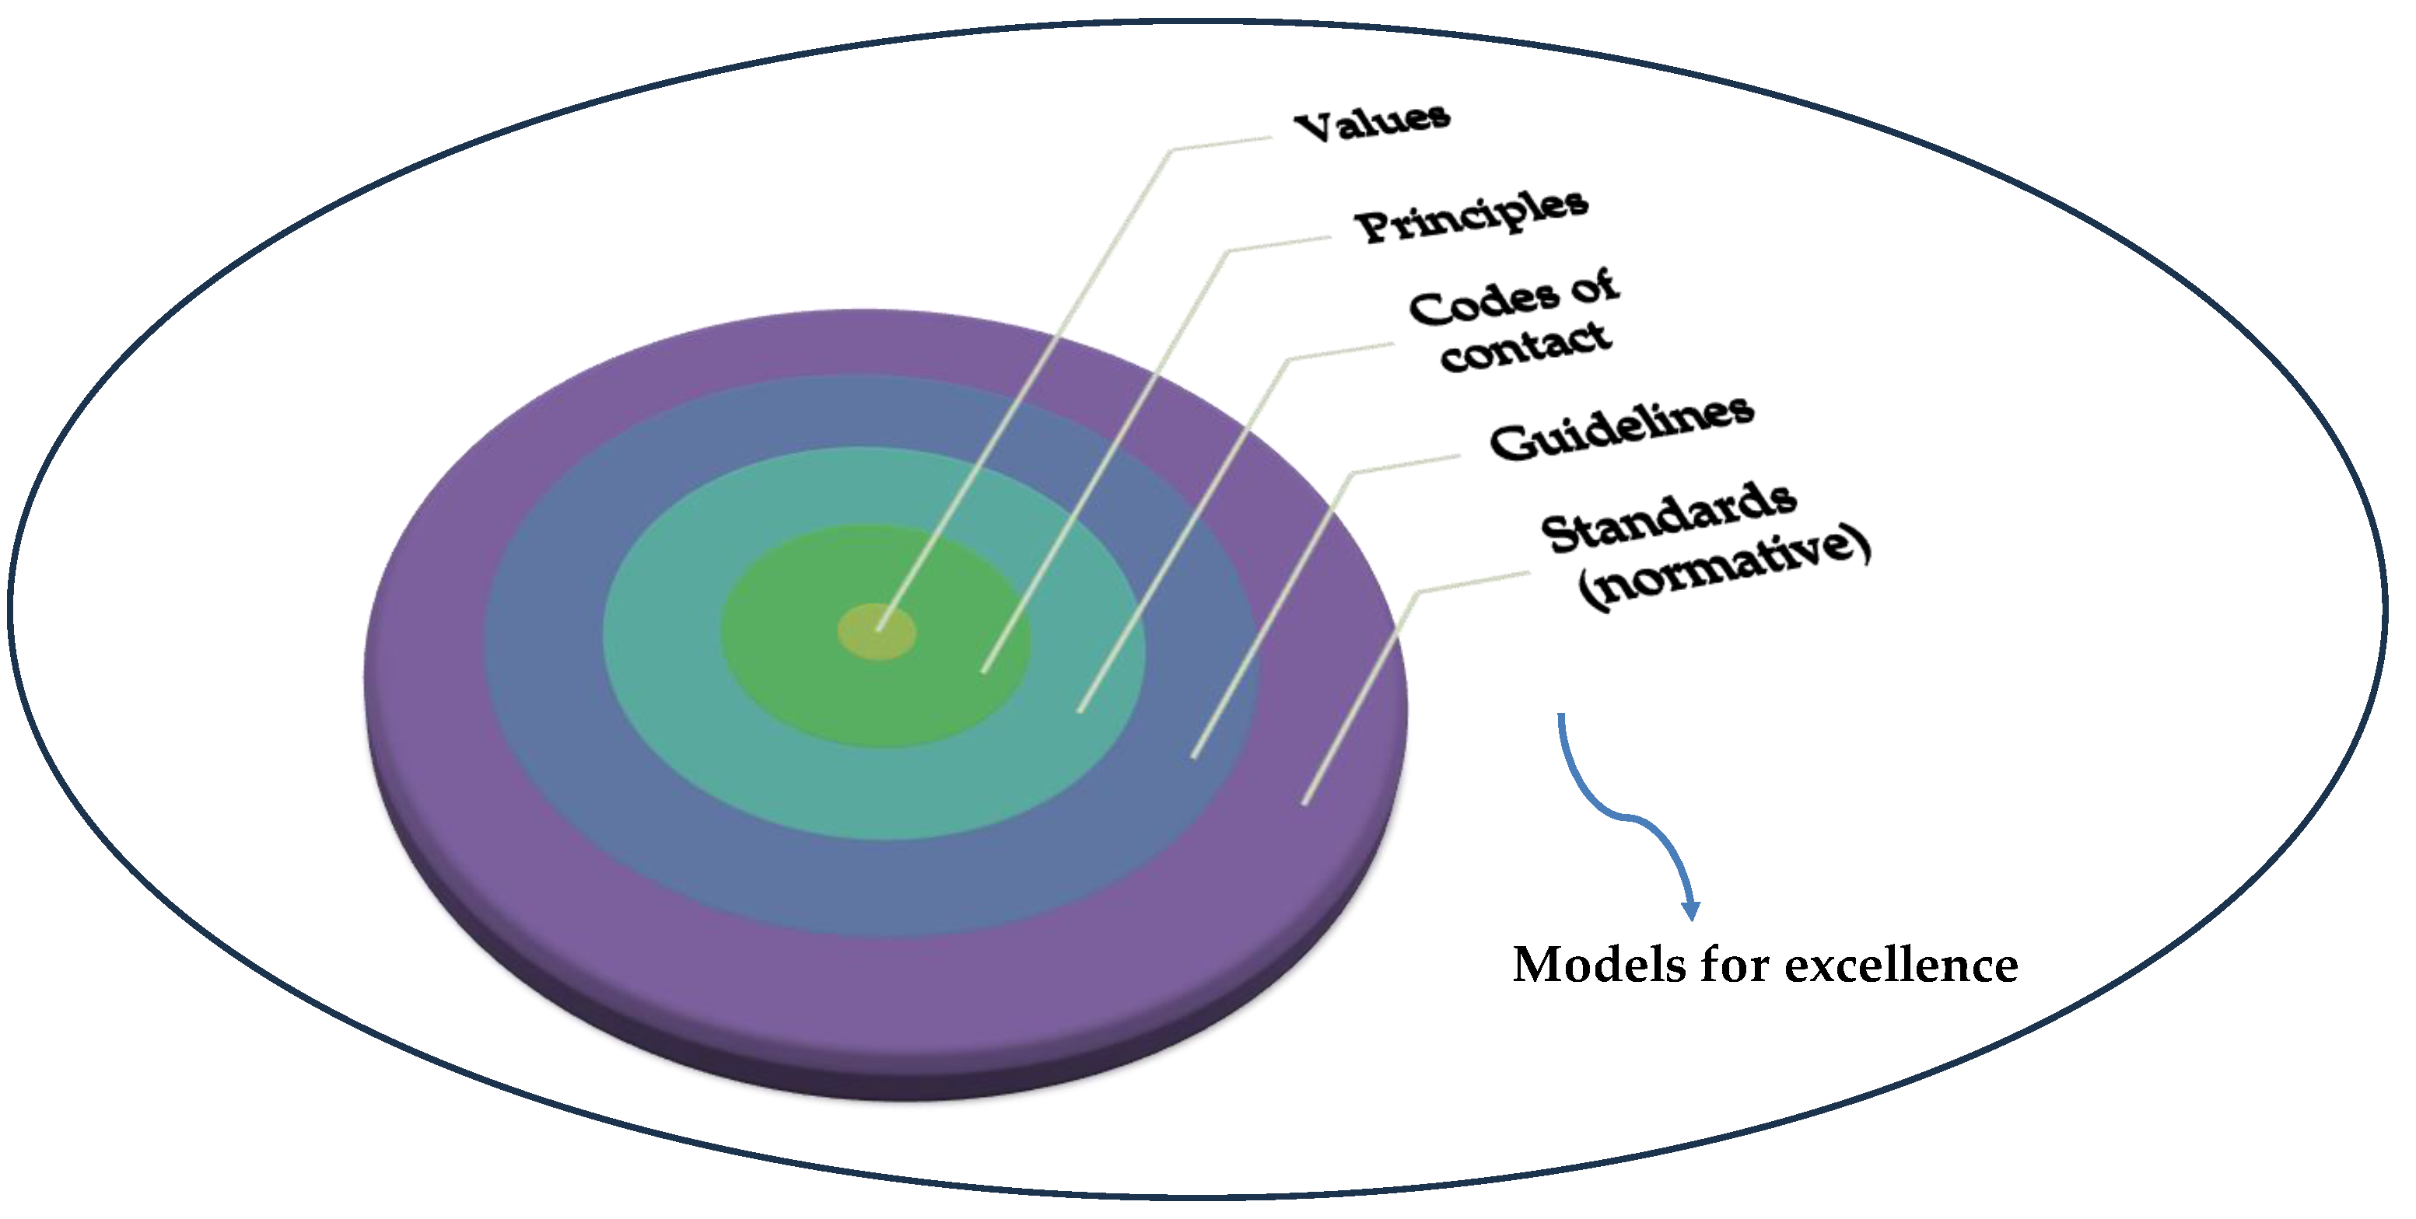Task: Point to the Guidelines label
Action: click(x=1622, y=428)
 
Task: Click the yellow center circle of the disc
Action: click(x=876, y=632)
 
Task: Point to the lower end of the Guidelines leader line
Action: click(x=1194, y=755)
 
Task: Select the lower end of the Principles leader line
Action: click(x=984, y=669)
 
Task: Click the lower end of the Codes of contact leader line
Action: click(x=1080, y=710)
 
